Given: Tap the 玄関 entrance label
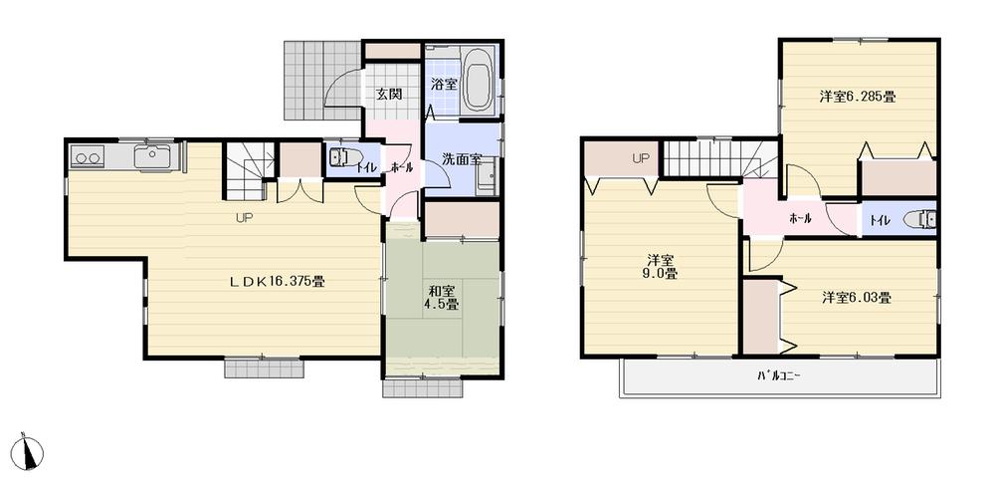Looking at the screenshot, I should tap(388, 95).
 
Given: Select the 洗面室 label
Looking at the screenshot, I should tap(462, 159).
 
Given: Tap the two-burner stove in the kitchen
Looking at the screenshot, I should tap(87, 156).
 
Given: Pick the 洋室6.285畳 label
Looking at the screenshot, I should tap(858, 97).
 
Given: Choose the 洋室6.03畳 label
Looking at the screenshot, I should tap(856, 297).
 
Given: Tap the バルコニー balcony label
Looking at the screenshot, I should tap(778, 376).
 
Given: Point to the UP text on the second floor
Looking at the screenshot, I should tap(641, 158).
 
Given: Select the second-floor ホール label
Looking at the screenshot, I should tap(800, 218).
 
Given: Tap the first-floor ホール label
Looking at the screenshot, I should tap(402, 167).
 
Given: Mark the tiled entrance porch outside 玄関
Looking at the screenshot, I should tap(316, 78).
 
